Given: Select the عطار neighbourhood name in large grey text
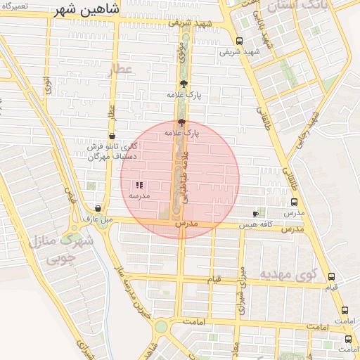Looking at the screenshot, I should (121, 68).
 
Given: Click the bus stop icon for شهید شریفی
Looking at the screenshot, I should (240, 41).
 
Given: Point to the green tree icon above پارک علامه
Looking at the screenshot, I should (184, 84).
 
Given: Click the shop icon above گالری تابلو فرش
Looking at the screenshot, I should (112, 136).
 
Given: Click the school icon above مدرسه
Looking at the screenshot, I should (139, 185).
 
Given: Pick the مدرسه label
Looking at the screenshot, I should (140, 195).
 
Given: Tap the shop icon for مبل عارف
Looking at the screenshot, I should (97, 208).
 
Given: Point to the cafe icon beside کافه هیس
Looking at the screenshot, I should (255, 213).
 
